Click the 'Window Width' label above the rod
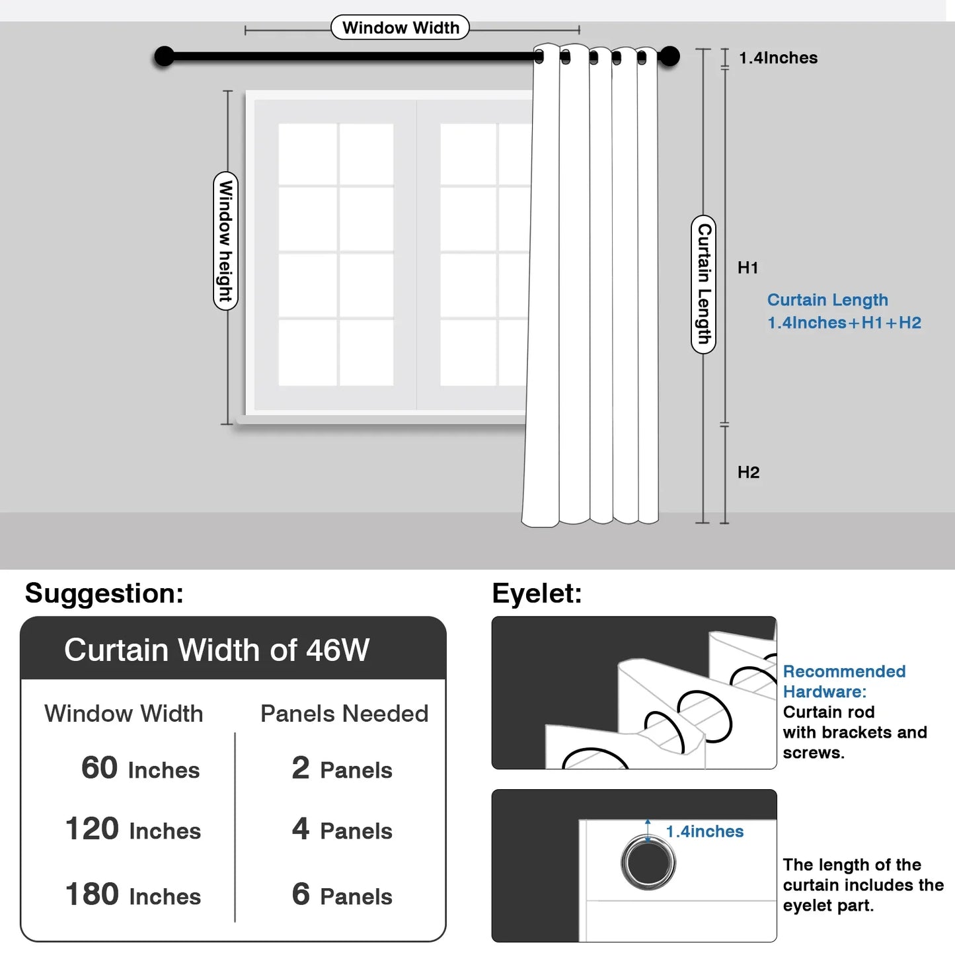pyautogui.click(x=400, y=28)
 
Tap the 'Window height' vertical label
pyautogui.click(x=225, y=241)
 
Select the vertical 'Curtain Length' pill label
pyautogui.click(x=703, y=284)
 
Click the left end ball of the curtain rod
pyautogui.click(x=164, y=57)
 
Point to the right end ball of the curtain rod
pyautogui.click(x=669, y=57)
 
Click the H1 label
pyautogui.click(x=747, y=268)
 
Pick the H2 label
pyautogui.click(x=748, y=472)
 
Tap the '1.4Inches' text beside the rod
pyautogui.click(x=778, y=58)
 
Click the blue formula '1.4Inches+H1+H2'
pyautogui.click(x=844, y=323)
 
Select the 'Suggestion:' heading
pyautogui.click(x=104, y=593)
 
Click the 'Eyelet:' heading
pyautogui.click(x=537, y=593)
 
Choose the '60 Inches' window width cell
pyautogui.click(x=140, y=769)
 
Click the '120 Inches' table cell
pyautogui.click(x=133, y=829)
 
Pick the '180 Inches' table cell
pyautogui.click(x=133, y=895)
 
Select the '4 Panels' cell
pyautogui.click(x=342, y=829)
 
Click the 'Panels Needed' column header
pyautogui.click(x=344, y=714)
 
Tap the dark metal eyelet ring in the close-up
pyautogui.click(x=648, y=862)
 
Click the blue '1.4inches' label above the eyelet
pyautogui.click(x=705, y=831)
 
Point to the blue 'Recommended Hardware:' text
pyautogui.click(x=844, y=681)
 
